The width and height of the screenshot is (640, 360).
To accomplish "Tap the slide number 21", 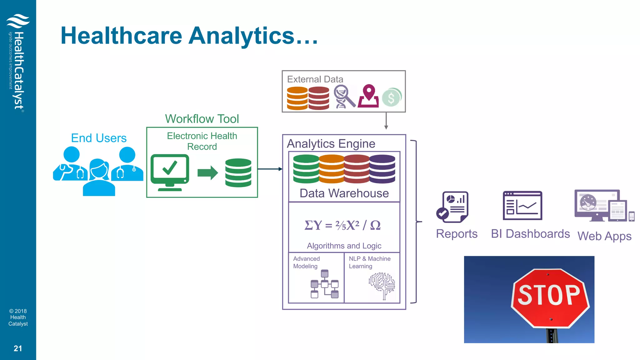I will [x=18, y=348].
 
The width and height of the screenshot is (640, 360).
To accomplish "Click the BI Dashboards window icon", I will [x=522, y=206].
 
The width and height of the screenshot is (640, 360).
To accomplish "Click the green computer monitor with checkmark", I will [x=170, y=172].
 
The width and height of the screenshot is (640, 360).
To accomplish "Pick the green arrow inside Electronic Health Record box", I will [x=207, y=172].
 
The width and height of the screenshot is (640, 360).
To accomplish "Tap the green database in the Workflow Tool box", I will [x=238, y=172].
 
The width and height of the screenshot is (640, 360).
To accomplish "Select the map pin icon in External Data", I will [x=368, y=96].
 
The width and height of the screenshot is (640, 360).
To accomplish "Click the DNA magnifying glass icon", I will [x=344, y=97].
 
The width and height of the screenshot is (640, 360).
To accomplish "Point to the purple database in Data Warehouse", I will [x=382, y=169].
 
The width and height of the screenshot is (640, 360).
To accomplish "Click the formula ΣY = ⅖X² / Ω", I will [x=342, y=225].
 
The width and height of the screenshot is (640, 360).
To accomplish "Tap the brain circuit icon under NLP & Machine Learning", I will [x=382, y=285].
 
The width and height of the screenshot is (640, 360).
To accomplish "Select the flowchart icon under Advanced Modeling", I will [x=324, y=284].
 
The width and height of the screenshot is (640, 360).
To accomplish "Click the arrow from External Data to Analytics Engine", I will [x=386, y=121].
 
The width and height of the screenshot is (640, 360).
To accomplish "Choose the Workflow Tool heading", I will [x=202, y=119].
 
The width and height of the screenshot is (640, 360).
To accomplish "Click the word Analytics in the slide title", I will [x=242, y=36].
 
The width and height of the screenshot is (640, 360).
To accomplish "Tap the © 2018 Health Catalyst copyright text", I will [x=18, y=317].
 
